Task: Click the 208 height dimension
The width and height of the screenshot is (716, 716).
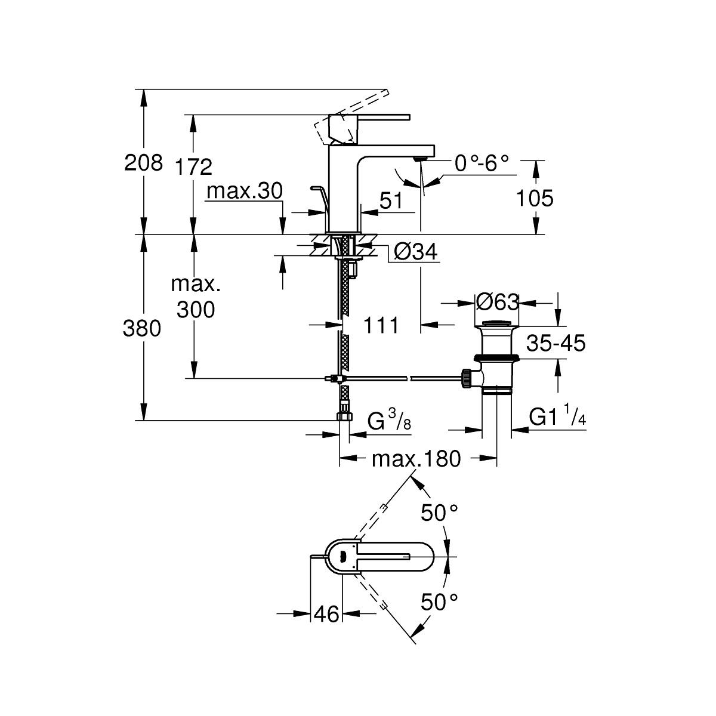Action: coord(143,163)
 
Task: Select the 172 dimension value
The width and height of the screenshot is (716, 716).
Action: coord(193,166)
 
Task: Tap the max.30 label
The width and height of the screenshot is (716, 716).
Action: coord(245,191)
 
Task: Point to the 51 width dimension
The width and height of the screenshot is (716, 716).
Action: coord(391,200)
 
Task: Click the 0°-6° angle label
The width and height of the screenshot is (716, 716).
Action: coord(482,163)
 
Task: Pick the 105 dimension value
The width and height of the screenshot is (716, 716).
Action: coord(535,198)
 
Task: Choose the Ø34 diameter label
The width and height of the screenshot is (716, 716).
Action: coord(415,252)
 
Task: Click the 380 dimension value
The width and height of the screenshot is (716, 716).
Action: coord(142,328)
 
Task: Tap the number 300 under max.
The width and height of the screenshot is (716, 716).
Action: coord(196,310)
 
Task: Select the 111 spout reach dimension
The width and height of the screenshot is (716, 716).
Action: coord(381,326)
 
